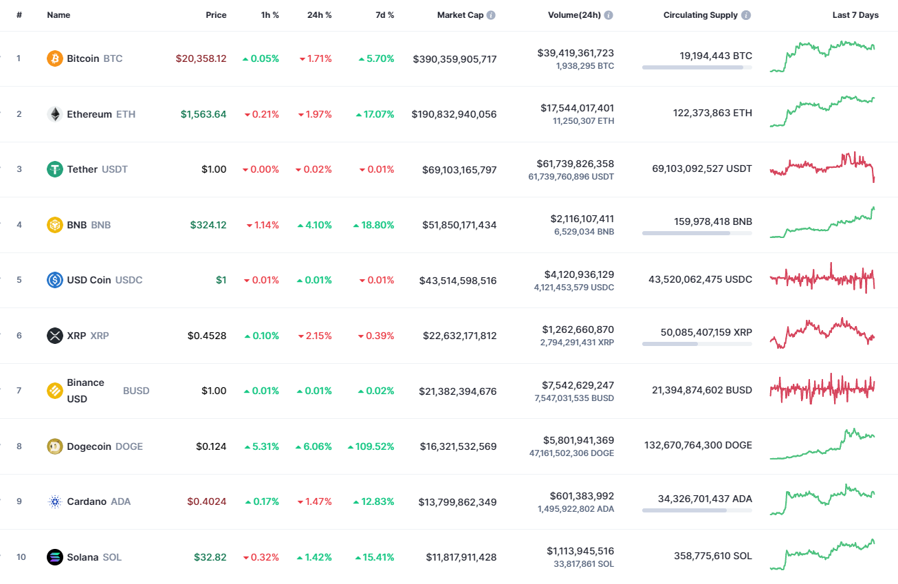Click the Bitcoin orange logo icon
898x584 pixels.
[x=54, y=58]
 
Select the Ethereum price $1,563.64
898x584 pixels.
[x=204, y=114]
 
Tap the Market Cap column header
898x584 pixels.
[x=460, y=15]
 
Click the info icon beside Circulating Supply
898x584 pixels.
[x=746, y=15]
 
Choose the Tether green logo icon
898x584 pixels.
[x=54, y=169]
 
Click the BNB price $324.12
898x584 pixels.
[x=208, y=225]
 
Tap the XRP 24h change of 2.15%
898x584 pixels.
[x=315, y=336]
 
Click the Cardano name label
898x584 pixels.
[x=87, y=501]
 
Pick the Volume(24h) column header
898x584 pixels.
[x=576, y=15]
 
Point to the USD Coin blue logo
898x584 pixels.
[x=54, y=280]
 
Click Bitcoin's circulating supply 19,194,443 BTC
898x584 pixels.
[x=716, y=56]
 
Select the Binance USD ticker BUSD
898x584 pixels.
[x=136, y=391]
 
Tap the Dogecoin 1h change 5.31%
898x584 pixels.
[x=261, y=446]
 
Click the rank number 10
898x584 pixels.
[x=21, y=557]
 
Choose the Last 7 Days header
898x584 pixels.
[x=855, y=15]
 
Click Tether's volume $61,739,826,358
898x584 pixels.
[x=576, y=164]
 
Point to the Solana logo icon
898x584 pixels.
[x=54, y=557]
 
